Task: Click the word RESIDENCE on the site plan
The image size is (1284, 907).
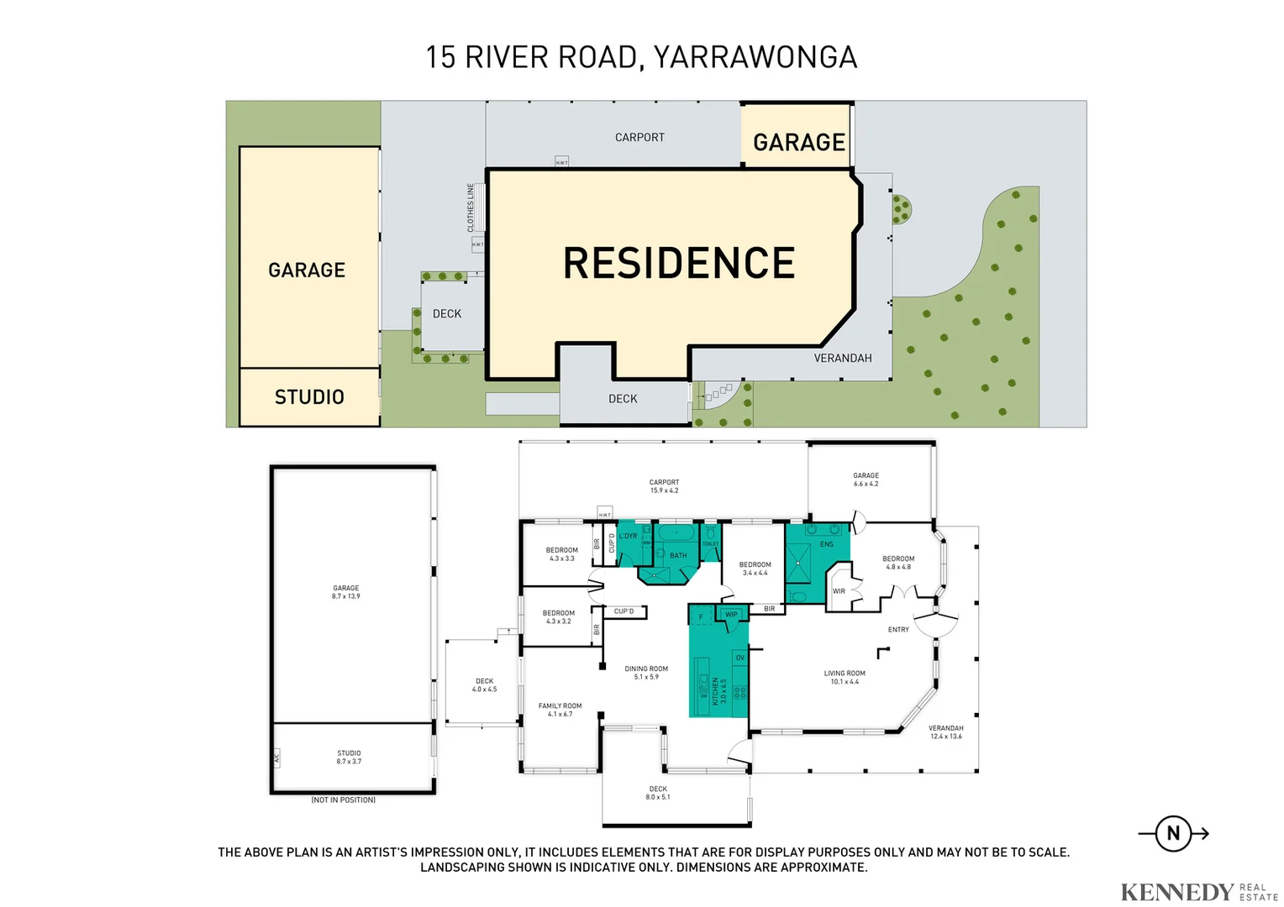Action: (x=679, y=263)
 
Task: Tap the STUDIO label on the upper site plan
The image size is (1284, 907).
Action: (x=309, y=397)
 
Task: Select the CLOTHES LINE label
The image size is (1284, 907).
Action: (x=471, y=207)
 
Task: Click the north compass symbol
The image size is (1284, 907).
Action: (x=1173, y=834)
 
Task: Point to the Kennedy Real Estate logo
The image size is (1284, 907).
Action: (x=1198, y=891)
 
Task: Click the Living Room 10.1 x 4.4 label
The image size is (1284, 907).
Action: (x=845, y=677)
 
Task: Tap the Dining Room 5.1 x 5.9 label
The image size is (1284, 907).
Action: (x=646, y=673)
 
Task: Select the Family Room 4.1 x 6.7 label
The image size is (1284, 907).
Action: (x=560, y=710)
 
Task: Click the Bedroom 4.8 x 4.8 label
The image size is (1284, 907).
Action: (x=898, y=563)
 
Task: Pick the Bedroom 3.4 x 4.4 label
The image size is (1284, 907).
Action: (x=755, y=569)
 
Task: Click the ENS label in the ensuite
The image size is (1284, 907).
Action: (x=827, y=544)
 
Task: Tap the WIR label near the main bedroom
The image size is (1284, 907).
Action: (x=839, y=591)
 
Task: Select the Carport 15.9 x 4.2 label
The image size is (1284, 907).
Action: (x=664, y=486)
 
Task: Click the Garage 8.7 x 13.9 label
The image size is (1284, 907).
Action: (x=345, y=592)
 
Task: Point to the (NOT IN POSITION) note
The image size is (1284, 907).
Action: (x=343, y=800)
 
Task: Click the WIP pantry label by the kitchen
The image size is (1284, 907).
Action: (x=731, y=615)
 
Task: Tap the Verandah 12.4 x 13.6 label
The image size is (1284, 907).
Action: (x=945, y=732)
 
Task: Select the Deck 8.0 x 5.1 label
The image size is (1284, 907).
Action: (x=658, y=793)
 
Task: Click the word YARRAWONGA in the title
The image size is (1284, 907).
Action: (x=755, y=57)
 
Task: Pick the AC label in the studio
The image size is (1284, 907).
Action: (x=276, y=758)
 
